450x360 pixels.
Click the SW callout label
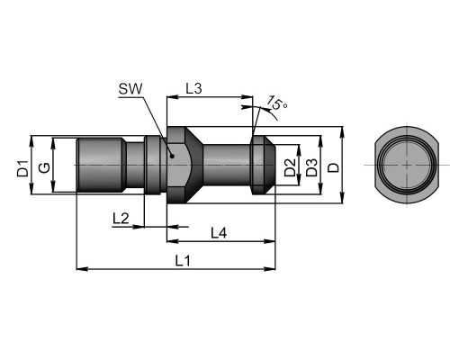pyautogui.click(x=130, y=89)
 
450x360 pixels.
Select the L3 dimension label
pyautogui.click(x=193, y=89)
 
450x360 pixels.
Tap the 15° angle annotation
pyautogui.click(x=277, y=103)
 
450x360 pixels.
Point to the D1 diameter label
pyautogui.click(x=22, y=168)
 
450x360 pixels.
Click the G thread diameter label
pyautogui.click(x=45, y=167)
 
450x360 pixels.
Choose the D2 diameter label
pyautogui.click(x=290, y=167)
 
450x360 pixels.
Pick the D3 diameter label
pyautogui.click(x=311, y=167)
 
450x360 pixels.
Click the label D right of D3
pyautogui.click(x=333, y=167)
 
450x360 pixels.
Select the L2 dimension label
pyautogui.click(x=121, y=219)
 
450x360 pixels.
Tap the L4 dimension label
pyautogui.click(x=219, y=233)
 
